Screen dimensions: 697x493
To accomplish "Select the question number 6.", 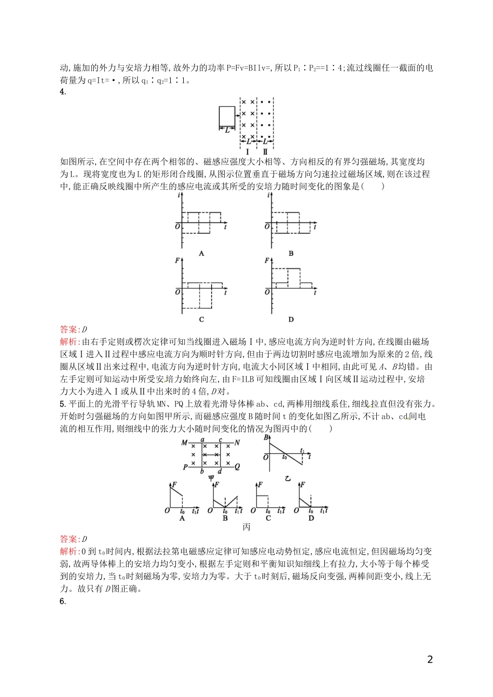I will pyautogui.click(x=63, y=602).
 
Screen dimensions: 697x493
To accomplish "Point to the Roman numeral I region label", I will pyautogui.click(x=248, y=152).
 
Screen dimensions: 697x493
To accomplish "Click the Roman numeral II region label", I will pyautogui.click(x=265, y=152).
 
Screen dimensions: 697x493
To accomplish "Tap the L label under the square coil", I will pyautogui.click(x=227, y=130).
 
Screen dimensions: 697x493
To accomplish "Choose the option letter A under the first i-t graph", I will pyautogui.click(x=201, y=254).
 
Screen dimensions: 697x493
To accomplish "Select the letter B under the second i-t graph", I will pyautogui.click(x=291, y=254).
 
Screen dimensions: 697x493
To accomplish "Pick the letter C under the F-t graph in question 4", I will pyautogui.click(x=201, y=319).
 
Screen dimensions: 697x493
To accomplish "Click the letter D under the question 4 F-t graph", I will pyautogui.click(x=291, y=319).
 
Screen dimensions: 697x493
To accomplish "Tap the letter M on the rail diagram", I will pyautogui.click(x=184, y=443).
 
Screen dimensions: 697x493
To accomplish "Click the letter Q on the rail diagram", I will pyautogui.click(x=237, y=467).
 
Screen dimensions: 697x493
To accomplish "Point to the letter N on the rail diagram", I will pyautogui.click(x=237, y=443).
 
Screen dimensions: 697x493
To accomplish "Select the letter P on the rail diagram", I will pyautogui.click(x=185, y=467).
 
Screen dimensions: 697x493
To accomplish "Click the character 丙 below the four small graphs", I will pyautogui.click(x=246, y=527).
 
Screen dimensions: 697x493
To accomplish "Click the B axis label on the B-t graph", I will pyautogui.click(x=266, y=438).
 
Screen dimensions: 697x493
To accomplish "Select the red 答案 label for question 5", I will pyautogui.click(x=68, y=539).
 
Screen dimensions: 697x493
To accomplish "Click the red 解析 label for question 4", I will pyautogui.click(x=68, y=342).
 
